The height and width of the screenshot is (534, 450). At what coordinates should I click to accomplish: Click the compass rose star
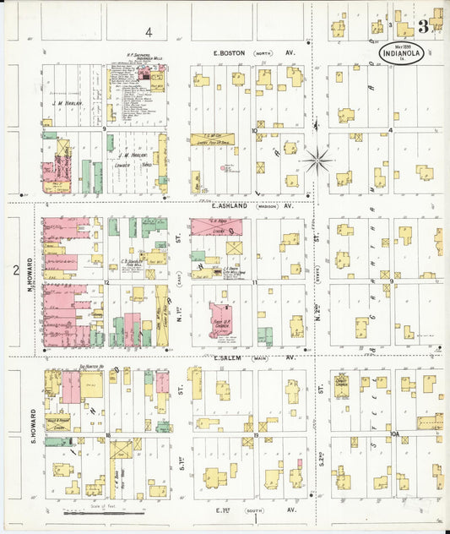pyautogui.click(x=318, y=158)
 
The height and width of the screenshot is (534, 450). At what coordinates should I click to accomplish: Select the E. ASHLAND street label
pyautogui.click(x=230, y=205)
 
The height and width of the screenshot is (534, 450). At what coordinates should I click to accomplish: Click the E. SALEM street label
pyautogui.click(x=229, y=357)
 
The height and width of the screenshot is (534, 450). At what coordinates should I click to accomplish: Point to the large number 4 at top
pyautogui.click(x=148, y=32)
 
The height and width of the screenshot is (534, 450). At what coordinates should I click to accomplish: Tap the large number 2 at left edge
pyautogui.click(x=15, y=270)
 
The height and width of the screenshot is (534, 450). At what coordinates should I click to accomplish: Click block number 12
pyautogui.click(x=107, y=282)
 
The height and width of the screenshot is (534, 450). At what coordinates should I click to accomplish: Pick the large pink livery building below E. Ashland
pyautogui.click(x=215, y=226)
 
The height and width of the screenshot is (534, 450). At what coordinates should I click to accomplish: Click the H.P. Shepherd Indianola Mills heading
pyautogui.click(x=138, y=59)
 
